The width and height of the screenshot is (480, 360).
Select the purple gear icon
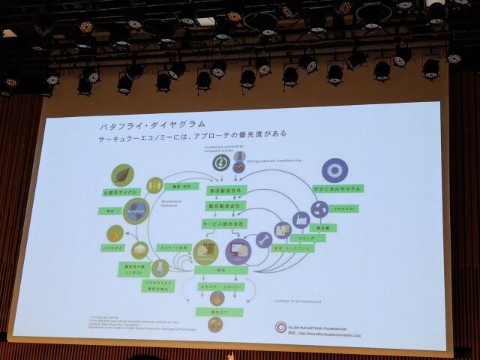pyautogui.click(x=334, y=170)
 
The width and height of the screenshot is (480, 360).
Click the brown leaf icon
pyautogui.click(x=122, y=175)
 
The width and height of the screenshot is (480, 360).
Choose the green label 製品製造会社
pyautogui.click(x=223, y=205)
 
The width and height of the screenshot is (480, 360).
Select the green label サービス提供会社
pyautogui.click(x=223, y=223)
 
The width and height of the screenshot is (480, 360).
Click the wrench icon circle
pyautogui.click(x=264, y=240)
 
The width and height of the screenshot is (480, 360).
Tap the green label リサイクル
pyautogui.click(x=344, y=208)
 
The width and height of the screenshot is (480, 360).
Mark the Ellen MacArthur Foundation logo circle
pyautogui.click(x=281, y=328)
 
